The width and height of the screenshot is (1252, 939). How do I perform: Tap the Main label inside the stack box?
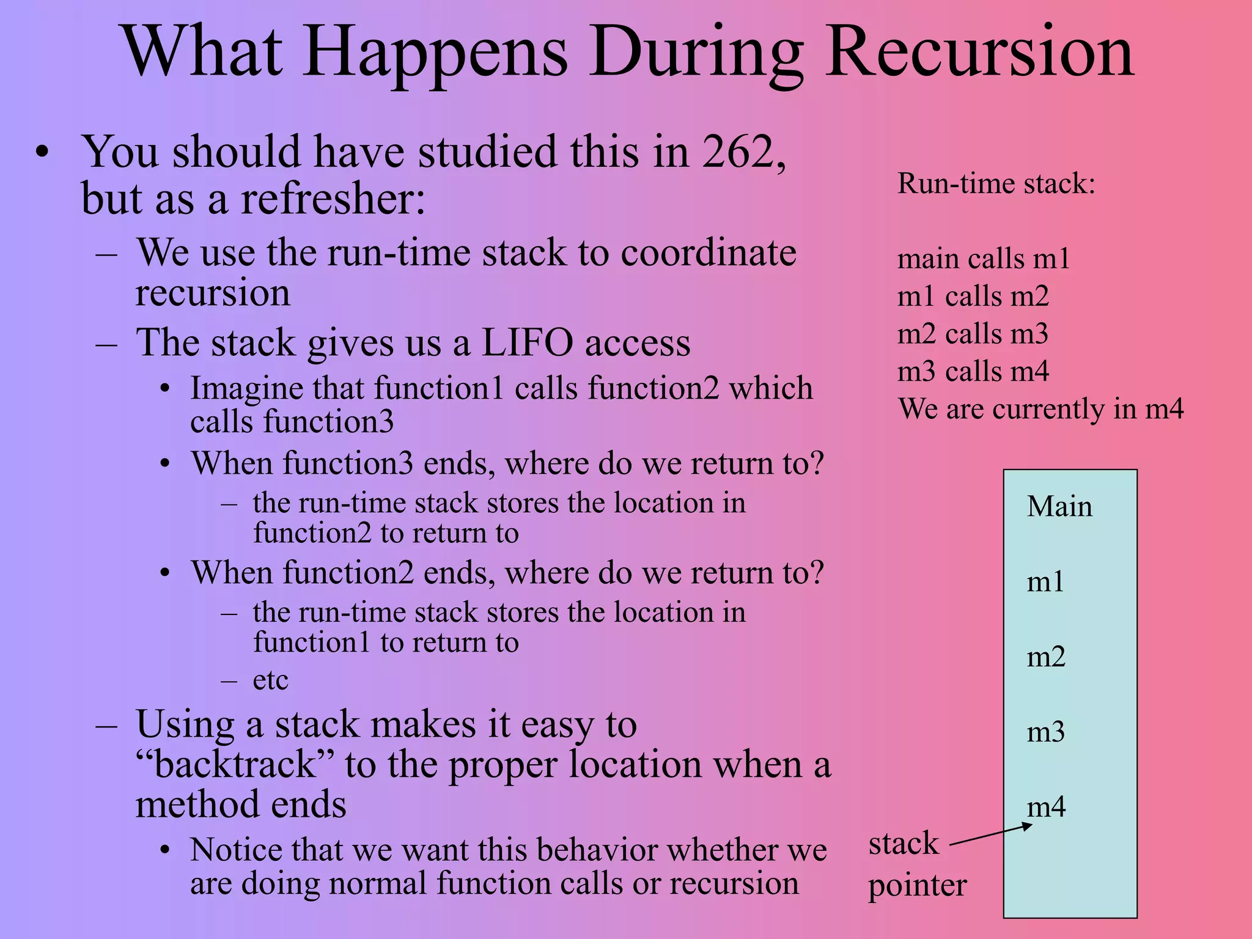click(x=1059, y=507)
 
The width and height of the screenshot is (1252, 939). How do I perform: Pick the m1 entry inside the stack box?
click(x=1045, y=581)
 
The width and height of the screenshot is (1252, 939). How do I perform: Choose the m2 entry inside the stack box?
click(x=1046, y=657)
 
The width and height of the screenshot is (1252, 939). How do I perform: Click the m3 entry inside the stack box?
click(x=1045, y=732)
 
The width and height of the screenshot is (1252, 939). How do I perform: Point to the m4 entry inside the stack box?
click(x=1046, y=807)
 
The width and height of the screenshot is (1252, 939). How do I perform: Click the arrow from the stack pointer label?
click(x=990, y=836)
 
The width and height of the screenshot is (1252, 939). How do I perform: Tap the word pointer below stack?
click(x=917, y=886)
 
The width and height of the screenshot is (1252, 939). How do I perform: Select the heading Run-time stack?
click(x=996, y=183)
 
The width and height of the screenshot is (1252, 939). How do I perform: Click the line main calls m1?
click(x=983, y=259)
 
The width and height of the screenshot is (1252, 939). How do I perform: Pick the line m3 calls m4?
click(x=973, y=372)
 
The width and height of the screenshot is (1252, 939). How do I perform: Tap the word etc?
click(x=270, y=680)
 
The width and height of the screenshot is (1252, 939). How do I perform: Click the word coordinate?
click(x=709, y=253)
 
